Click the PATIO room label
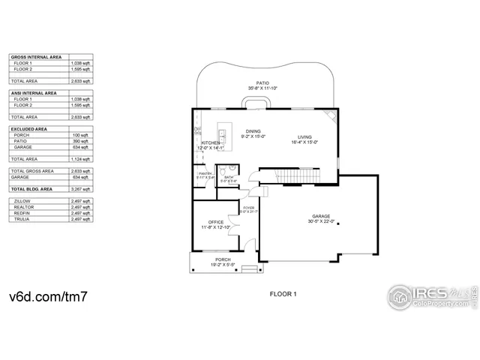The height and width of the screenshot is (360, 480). click(x=262, y=83)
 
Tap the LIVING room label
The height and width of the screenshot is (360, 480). click(x=304, y=136)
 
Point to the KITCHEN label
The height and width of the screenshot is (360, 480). click(x=209, y=142)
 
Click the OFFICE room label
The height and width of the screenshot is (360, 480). click(x=216, y=222)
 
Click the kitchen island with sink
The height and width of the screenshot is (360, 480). click(x=223, y=136)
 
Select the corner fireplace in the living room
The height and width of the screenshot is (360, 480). click(x=329, y=115)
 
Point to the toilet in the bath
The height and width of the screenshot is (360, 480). click(x=232, y=169)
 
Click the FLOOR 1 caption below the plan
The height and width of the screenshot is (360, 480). click(x=283, y=294)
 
